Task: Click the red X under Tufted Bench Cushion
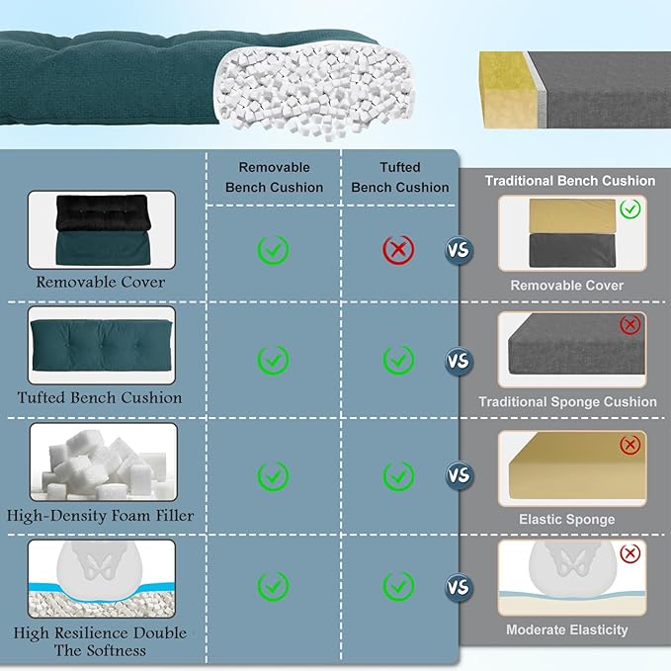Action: click(x=398, y=249)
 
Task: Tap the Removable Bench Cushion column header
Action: click(x=274, y=177)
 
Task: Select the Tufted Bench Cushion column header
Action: click(x=399, y=177)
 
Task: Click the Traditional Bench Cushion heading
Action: click(x=569, y=181)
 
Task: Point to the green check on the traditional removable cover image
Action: click(x=629, y=210)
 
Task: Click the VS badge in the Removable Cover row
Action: click(x=458, y=250)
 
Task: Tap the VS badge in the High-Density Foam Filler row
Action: click(x=458, y=475)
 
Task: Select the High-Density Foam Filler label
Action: click(x=101, y=515)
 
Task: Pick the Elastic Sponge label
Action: click(x=567, y=519)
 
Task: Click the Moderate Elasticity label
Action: click(x=566, y=629)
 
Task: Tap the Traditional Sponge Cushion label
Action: click(x=567, y=402)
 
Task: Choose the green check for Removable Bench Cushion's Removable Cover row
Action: click(x=273, y=249)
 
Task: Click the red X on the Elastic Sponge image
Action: click(x=629, y=446)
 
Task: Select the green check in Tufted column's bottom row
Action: click(x=398, y=588)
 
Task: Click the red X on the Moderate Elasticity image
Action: click(x=629, y=553)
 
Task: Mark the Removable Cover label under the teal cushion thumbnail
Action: click(x=101, y=282)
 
